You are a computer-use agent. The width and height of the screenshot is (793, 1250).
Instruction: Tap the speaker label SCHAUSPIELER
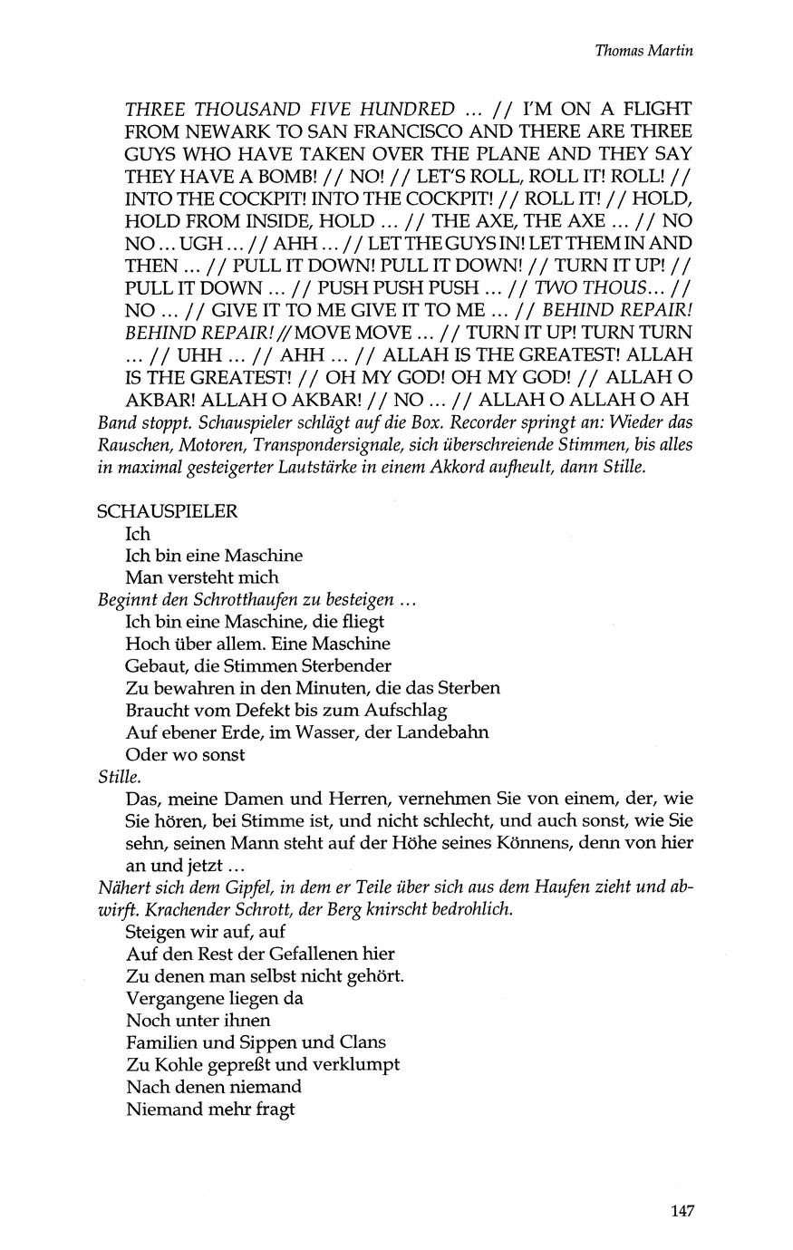(167, 511)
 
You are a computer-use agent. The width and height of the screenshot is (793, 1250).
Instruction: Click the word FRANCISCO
(442, 131)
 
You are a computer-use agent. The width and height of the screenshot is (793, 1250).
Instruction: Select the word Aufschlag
(406, 711)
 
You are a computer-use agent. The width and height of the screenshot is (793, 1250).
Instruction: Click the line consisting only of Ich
(138, 533)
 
